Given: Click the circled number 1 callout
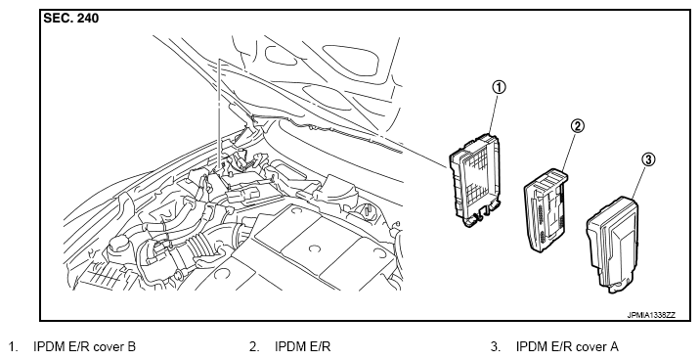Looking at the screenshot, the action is click(499, 87).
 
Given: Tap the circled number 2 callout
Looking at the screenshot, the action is click(577, 126).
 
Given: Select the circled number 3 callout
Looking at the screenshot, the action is click(648, 159).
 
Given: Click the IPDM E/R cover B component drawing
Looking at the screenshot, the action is click(475, 180).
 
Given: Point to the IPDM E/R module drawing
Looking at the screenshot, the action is click(546, 211).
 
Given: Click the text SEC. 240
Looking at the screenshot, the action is click(71, 19).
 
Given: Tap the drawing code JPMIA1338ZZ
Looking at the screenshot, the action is click(651, 315).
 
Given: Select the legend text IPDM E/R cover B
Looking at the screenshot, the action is click(85, 346).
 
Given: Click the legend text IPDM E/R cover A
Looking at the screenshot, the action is click(567, 346).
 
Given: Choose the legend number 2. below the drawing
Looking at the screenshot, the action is click(254, 346).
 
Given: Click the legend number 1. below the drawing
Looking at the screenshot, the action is click(14, 346).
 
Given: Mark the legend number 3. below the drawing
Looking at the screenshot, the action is click(496, 346).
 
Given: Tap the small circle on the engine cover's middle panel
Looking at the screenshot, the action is click(315, 247).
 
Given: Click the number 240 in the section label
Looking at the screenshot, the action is click(87, 19).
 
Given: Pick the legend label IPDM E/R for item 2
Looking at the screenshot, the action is click(303, 346).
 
